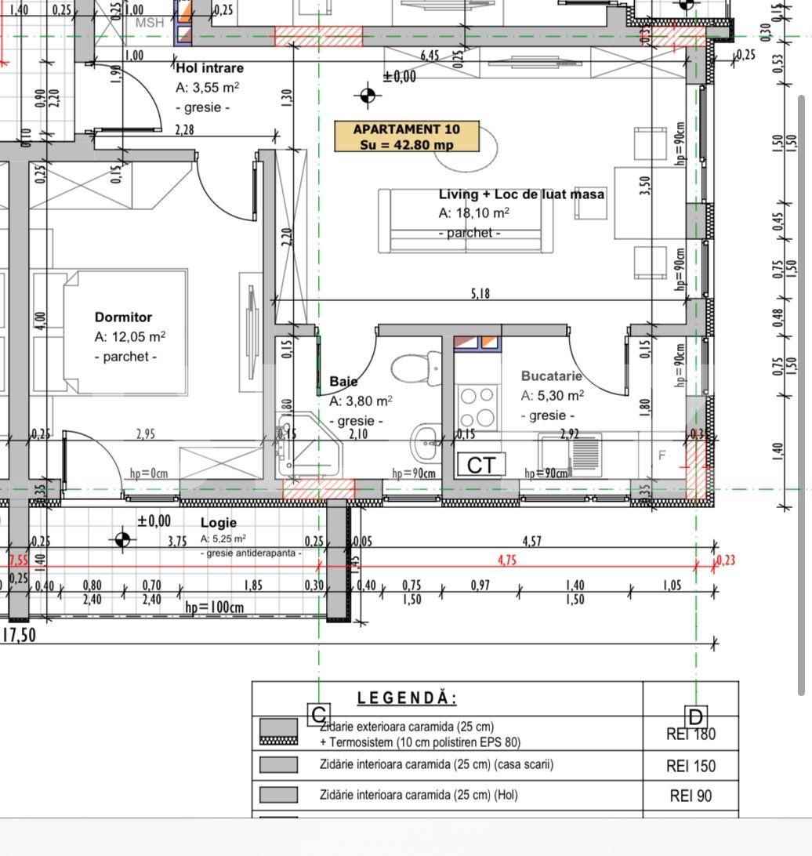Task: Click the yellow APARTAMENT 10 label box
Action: (407, 136)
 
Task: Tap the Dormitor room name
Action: (123, 317)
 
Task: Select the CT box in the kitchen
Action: (480, 465)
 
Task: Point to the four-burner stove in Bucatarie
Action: (477, 405)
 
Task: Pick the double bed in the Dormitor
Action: (125, 332)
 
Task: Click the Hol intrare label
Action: (210, 68)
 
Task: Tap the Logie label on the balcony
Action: (218, 522)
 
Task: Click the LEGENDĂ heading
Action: (407, 698)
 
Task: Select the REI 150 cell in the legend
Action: (691, 766)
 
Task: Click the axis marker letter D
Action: (696, 716)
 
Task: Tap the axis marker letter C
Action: (318, 714)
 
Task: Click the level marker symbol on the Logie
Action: (122, 539)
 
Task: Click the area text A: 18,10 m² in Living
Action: (473, 212)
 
